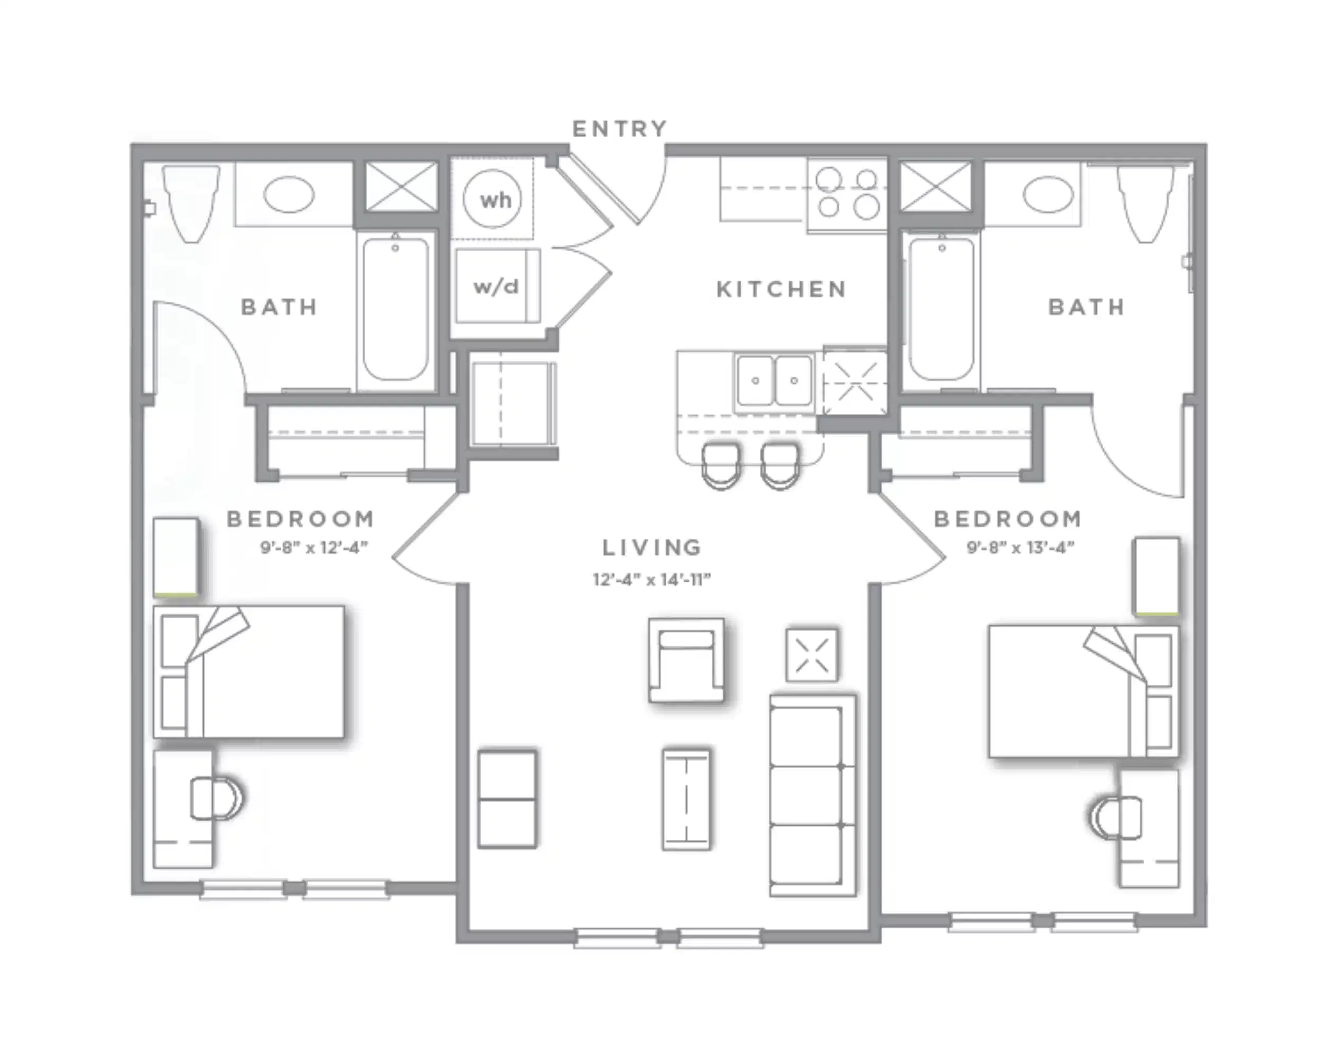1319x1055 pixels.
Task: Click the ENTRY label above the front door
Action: point(619,129)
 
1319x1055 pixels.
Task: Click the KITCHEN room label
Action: point(781,289)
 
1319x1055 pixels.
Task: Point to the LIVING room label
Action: point(652,548)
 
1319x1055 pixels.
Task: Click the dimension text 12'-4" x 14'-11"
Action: point(652,579)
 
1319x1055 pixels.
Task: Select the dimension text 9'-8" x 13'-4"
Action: point(1020,548)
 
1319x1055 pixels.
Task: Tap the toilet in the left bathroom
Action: point(191,202)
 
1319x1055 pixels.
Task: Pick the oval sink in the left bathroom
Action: point(289,194)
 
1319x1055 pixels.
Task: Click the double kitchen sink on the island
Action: point(774,381)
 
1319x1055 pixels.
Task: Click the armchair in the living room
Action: point(686,660)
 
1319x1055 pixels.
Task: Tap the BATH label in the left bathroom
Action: point(279,307)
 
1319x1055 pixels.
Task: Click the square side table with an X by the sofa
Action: point(812,655)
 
